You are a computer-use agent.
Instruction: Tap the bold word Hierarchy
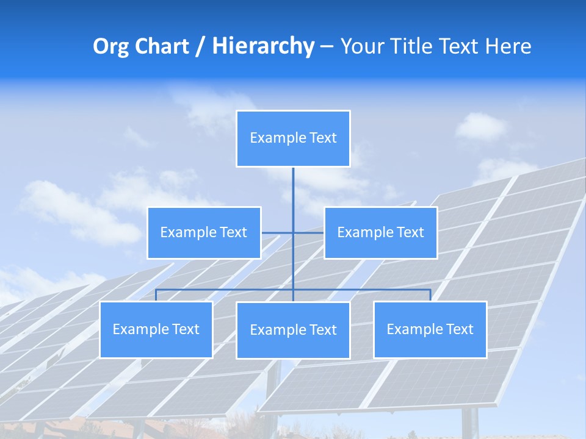click(262, 46)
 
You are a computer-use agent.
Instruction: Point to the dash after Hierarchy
click(327, 47)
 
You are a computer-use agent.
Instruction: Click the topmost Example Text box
click(293, 138)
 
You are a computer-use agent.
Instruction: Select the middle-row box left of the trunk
click(204, 232)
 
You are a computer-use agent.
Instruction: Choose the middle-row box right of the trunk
click(380, 232)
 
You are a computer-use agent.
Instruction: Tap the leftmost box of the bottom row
click(156, 329)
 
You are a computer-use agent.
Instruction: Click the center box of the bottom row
click(293, 330)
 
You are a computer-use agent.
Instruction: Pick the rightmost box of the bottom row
click(430, 329)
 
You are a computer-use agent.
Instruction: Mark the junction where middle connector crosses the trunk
click(293, 232)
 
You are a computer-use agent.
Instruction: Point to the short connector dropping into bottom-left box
click(156, 295)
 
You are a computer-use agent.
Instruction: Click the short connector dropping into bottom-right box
click(430, 295)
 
